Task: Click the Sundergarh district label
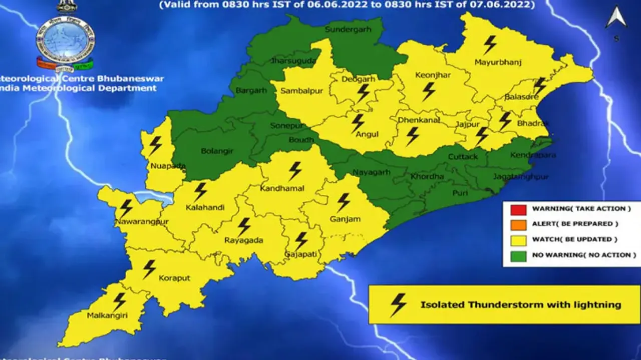pos(348,30)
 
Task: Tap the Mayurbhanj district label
pos(498,63)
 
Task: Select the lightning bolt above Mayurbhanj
pos(490,45)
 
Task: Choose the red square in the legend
pos(518,209)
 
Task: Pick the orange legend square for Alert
pos(518,224)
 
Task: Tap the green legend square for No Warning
pos(518,255)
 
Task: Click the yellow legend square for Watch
pos(518,240)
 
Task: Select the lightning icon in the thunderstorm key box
pos(398,304)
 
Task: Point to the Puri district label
pos(460,193)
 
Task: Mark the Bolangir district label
pos(217,150)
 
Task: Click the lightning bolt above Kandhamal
pos(295,171)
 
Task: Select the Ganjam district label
pos(345,219)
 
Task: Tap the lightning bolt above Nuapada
pos(155,145)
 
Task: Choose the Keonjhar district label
pos(433,75)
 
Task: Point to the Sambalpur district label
pos(301,91)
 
